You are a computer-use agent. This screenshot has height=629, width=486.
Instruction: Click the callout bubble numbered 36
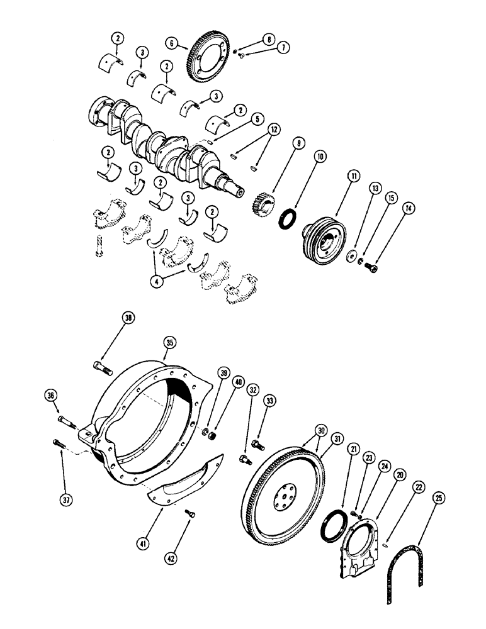(x=50, y=395)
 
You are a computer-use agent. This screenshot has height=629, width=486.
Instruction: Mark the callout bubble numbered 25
(x=439, y=499)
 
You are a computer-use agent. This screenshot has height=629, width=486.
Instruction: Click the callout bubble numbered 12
(x=256, y=128)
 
